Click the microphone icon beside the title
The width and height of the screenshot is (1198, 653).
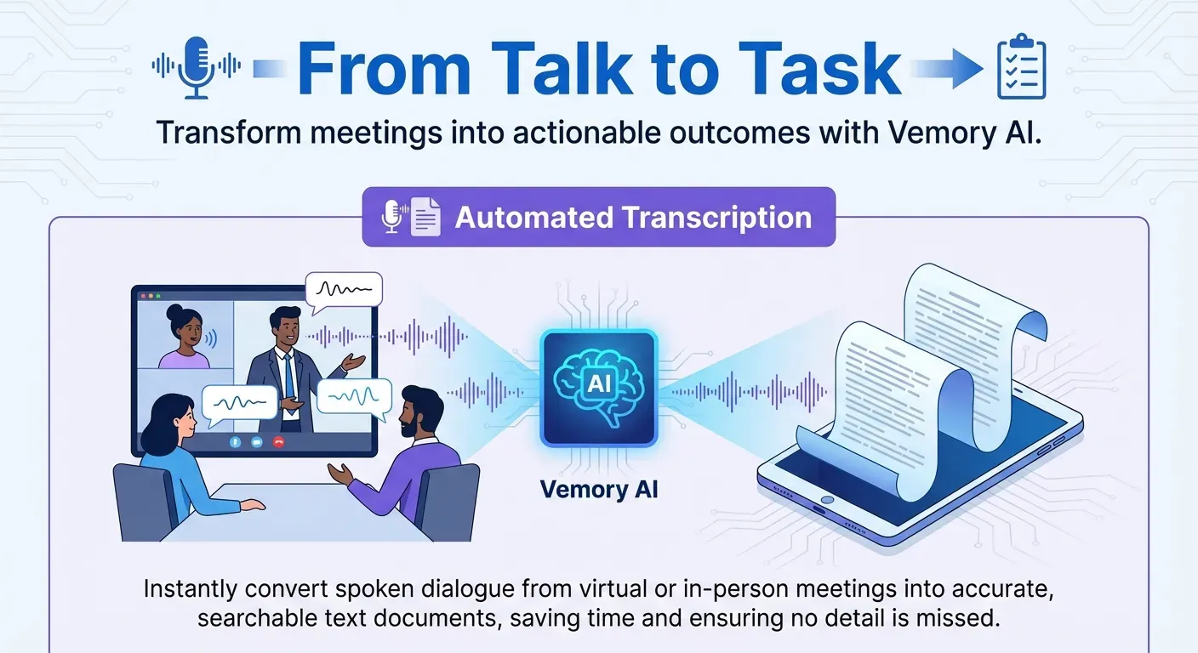[x=197, y=66]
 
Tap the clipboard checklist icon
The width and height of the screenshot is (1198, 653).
[x=1021, y=68]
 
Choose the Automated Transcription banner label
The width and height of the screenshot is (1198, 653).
[x=633, y=218]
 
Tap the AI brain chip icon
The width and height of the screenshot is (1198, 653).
[x=599, y=388]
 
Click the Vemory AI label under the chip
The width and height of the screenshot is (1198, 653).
[x=599, y=490]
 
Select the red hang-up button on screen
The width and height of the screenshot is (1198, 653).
[x=277, y=442]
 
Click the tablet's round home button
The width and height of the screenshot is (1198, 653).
[x=824, y=498]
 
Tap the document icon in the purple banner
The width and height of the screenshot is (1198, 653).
[x=426, y=218]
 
